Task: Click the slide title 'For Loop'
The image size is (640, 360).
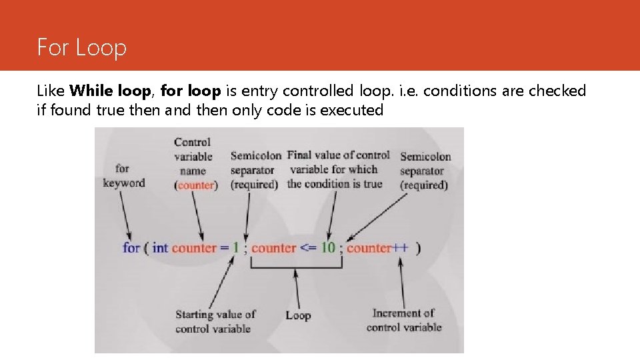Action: pyautogui.click(x=81, y=48)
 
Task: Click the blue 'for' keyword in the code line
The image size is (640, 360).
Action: pyautogui.click(x=131, y=248)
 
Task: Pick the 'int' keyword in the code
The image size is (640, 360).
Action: pyautogui.click(x=160, y=248)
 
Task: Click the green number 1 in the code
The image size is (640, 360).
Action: pyautogui.click(x=235, y=248)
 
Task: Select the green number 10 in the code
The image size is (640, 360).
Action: pyautogui.click(x=328, y=248)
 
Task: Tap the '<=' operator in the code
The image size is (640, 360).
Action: pyautogui.click(x=308, y=248)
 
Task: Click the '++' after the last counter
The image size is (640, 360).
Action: pyautogui.click(x=400, y=248)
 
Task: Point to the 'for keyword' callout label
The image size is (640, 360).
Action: pyautogui.click(x=123, y=176)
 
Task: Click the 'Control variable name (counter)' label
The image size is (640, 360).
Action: pyautogui.click(x=195, y=163)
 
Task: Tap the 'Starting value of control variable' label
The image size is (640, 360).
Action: pyautogui.click(x=215, y=321)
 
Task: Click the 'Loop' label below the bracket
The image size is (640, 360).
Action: pyautogui.click(x=298, y=315)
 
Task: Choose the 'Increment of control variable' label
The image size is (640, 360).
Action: pyautogui.click(x=403, y=320)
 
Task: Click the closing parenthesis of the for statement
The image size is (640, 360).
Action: pyautogui.click(x=418, y=248)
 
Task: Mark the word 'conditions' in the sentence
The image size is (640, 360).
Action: pyautogui.click(x=455, y=91)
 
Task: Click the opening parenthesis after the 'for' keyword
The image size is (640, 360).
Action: pyautogui.click(x=145, y=248)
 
